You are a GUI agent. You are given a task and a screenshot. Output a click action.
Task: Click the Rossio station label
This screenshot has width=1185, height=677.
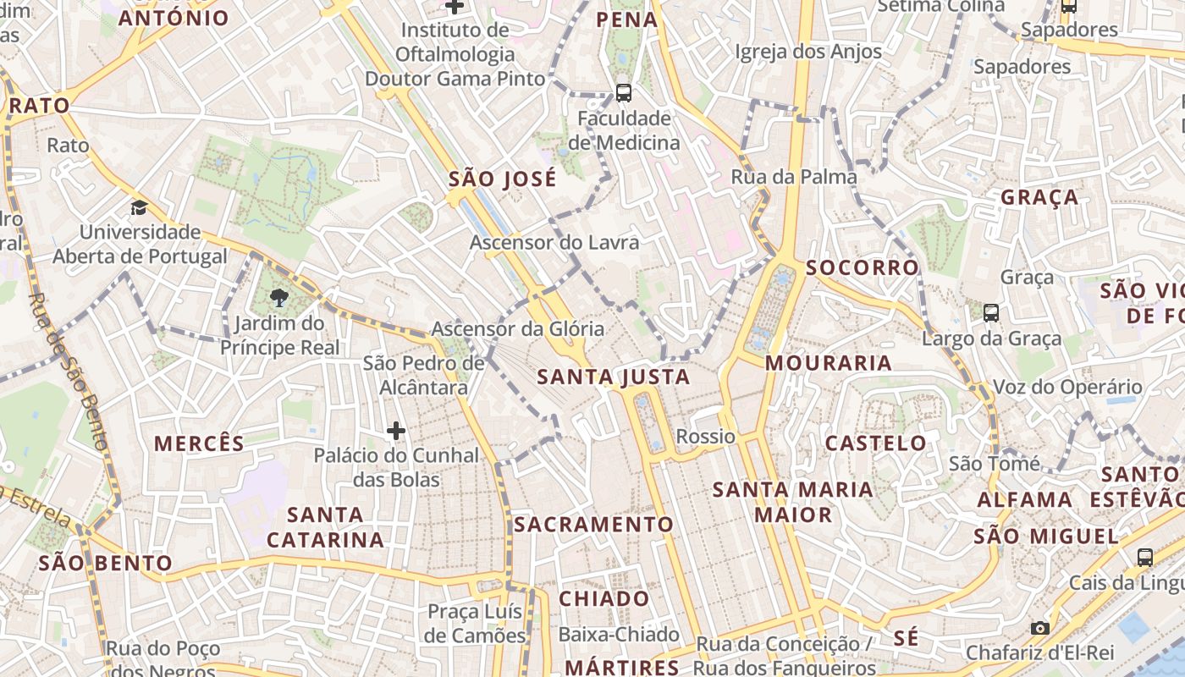click(x=706, y=437)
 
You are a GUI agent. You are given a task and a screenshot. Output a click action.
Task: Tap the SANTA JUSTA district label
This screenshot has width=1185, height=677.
click(x=614, y=377)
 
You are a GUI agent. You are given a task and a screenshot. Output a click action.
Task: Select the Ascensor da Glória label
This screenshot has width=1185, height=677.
click(x=518, y=329)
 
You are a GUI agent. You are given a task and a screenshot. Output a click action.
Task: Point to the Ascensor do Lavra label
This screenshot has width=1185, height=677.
click(x=554, y=243)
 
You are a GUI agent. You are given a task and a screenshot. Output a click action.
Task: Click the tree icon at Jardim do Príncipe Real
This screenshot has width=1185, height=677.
click(x=278, y=297)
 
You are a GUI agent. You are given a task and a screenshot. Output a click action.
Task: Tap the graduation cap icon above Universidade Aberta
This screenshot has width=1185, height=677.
click(x=139, y=207)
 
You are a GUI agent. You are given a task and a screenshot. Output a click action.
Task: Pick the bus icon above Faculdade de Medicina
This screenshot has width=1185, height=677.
click(x=624, y=93)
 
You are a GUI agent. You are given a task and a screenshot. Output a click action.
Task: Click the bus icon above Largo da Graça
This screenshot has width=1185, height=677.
click(x=991, y=313)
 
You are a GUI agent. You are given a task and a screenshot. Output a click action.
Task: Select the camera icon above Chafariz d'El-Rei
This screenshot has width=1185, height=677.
click(x=1040, y=628)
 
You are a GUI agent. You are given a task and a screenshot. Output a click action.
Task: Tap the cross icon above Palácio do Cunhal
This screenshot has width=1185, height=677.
click(x=395, y=431)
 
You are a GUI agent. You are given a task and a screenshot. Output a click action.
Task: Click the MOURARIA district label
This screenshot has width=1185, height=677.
click(x=829, y=363)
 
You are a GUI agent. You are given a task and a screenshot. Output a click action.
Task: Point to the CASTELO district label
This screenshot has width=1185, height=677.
click(x=876, y=443)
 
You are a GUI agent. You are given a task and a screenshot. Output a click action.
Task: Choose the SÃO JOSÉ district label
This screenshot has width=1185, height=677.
click(x=503, y=179)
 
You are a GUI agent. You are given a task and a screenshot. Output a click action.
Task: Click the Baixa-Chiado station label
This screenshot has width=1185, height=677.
click(x=619, y=635)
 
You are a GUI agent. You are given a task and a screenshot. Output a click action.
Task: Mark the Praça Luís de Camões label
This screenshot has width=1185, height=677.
click(x=476, y=624)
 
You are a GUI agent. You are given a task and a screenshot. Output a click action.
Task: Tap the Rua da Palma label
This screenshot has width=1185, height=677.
click(x=794, y=177)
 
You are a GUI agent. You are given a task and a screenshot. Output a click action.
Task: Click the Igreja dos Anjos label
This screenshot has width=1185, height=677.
click(x=808, y=52)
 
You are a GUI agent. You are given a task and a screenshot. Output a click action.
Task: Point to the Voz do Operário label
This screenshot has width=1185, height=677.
click(x=1067, y=388)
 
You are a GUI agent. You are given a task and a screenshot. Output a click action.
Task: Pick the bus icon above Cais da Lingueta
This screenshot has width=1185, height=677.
click(x=1145, y=557)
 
